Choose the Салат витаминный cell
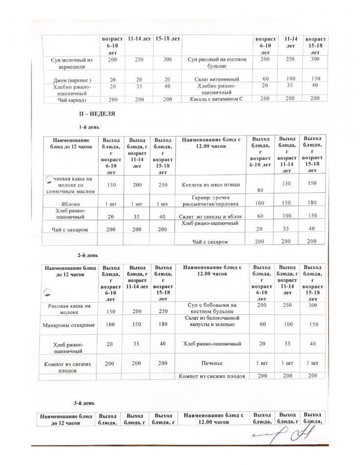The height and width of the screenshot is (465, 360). pyautogui.click(x=216, y=78)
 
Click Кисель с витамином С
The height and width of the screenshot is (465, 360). pyautogui.click(x=216, y=99)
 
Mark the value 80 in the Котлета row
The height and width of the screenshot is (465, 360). pyautogui.click(x=260, y=191)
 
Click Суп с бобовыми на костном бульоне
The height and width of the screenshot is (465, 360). pyautogui.click(x=212, y=308)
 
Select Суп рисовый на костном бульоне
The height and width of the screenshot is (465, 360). pyautogui.click(x=216, y=62)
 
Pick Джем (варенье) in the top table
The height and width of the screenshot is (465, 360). pyautogui.click(x=72, y=80)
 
